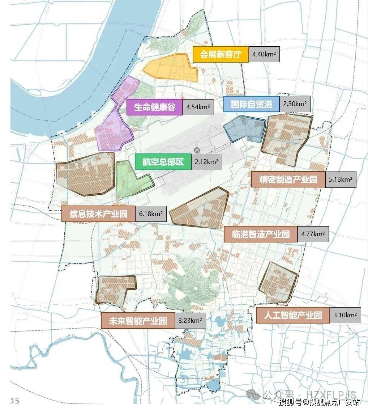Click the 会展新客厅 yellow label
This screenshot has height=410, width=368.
tap(221, 55)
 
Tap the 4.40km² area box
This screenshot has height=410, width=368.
tap(264, 55)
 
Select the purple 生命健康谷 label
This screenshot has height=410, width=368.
tap(154, 107)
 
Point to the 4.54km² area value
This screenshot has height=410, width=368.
tap(197, 107)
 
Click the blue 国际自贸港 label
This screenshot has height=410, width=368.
tap(251, 104)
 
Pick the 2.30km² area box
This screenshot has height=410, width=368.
tap(295, 104)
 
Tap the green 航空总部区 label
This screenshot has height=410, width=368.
tap(163, 162)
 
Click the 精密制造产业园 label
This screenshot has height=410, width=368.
tap(288, 179)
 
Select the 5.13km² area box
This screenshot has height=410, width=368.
tap(341, 179)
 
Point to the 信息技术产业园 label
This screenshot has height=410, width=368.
tap(99, 214)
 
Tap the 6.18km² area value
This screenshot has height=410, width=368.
tap(151, 214)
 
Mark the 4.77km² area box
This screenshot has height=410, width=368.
tap(313, 234)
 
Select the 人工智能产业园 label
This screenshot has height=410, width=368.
tap(293, 315)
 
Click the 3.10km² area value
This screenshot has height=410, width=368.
tap(345, 315)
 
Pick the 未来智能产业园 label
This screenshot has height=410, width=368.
tap(138, 321)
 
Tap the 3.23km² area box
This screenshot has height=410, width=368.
tap(190, 321)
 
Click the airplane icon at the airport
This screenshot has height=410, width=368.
tap(197, 150)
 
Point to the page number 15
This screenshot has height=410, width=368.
tap(15, 400)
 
